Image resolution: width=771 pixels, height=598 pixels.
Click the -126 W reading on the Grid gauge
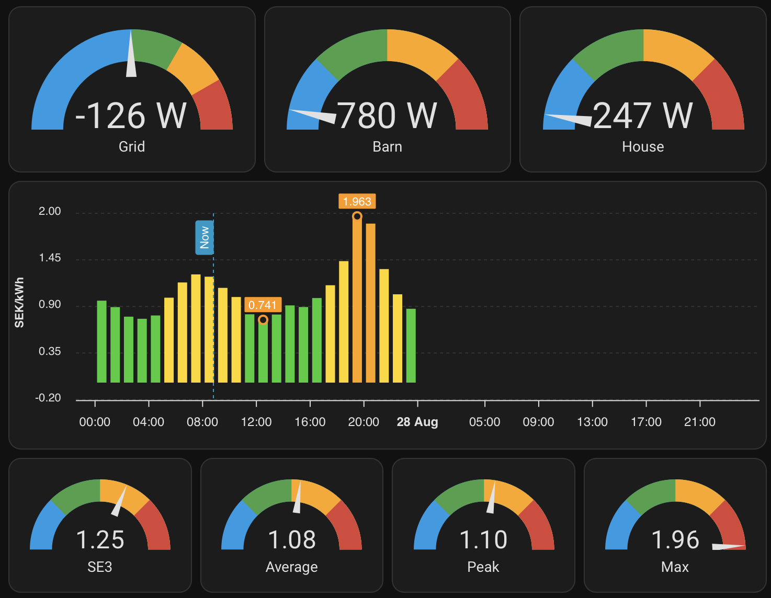[x=131, y=116]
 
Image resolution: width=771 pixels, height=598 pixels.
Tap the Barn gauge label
[x=387, y=147]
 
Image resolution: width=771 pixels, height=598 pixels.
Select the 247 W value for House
[x=642, y=116]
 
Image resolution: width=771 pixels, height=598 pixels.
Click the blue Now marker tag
[x=204, y=238]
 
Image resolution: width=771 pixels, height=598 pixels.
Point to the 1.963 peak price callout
[x=357, y=202]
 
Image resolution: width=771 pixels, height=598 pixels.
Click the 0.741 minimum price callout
[x=263, y=305]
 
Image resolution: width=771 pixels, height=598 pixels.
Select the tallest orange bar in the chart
[x=357, y=298]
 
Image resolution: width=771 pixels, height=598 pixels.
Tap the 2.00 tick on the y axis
[x=50, y=211]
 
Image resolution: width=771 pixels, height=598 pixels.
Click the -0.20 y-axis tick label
[x=48, y=398]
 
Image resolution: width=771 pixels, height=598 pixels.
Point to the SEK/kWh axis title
[x=19, y=303]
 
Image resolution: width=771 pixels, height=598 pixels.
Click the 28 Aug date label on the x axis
[x=417, y=422]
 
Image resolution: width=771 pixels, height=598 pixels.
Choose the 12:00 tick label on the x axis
[x=256, y=422]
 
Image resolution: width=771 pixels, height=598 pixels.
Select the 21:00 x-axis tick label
[x=699, y=422]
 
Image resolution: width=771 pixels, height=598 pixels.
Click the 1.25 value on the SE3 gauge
[x=100, y=540]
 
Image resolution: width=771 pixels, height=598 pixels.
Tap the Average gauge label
[x=291, y=567]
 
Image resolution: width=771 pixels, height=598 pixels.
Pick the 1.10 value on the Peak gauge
[x=483, y=540]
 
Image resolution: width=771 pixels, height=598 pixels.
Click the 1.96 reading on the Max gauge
[x=675, y=540]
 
